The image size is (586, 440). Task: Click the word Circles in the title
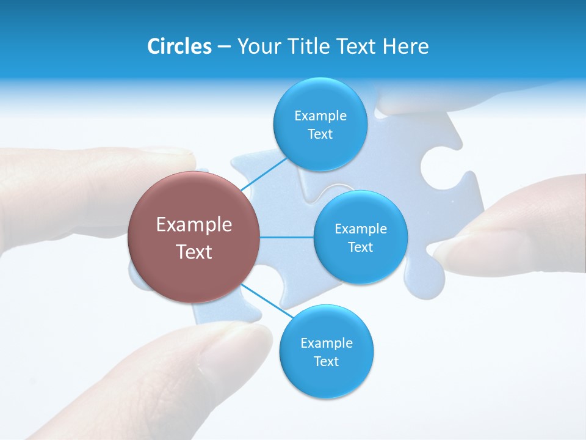(179, 46)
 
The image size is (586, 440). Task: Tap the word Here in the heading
(405, 46)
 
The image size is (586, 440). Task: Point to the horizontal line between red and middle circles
(286, 237)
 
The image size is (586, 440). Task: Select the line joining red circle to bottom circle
(267, 301)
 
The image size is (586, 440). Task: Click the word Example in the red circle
(194, 225)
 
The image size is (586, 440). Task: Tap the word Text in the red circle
(194, 252)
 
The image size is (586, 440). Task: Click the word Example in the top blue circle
(320, 116)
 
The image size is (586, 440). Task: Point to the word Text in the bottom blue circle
(326, 361)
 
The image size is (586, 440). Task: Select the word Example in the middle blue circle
(360, 229)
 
